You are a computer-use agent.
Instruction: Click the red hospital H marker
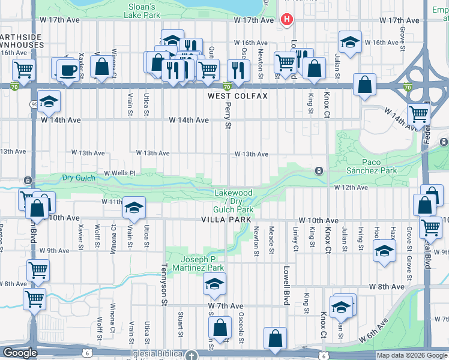pos(286,20)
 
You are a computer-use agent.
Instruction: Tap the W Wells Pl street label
pos(121,173)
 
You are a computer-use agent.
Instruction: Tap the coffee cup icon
pos(67,70)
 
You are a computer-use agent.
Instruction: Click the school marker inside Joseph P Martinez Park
pos(213,286)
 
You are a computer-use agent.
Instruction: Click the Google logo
pos(20,353)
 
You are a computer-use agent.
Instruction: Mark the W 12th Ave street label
pos(351,188)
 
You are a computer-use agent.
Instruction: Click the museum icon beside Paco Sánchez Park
pos(319,171)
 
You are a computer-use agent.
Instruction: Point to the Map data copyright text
pos(411,355)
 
